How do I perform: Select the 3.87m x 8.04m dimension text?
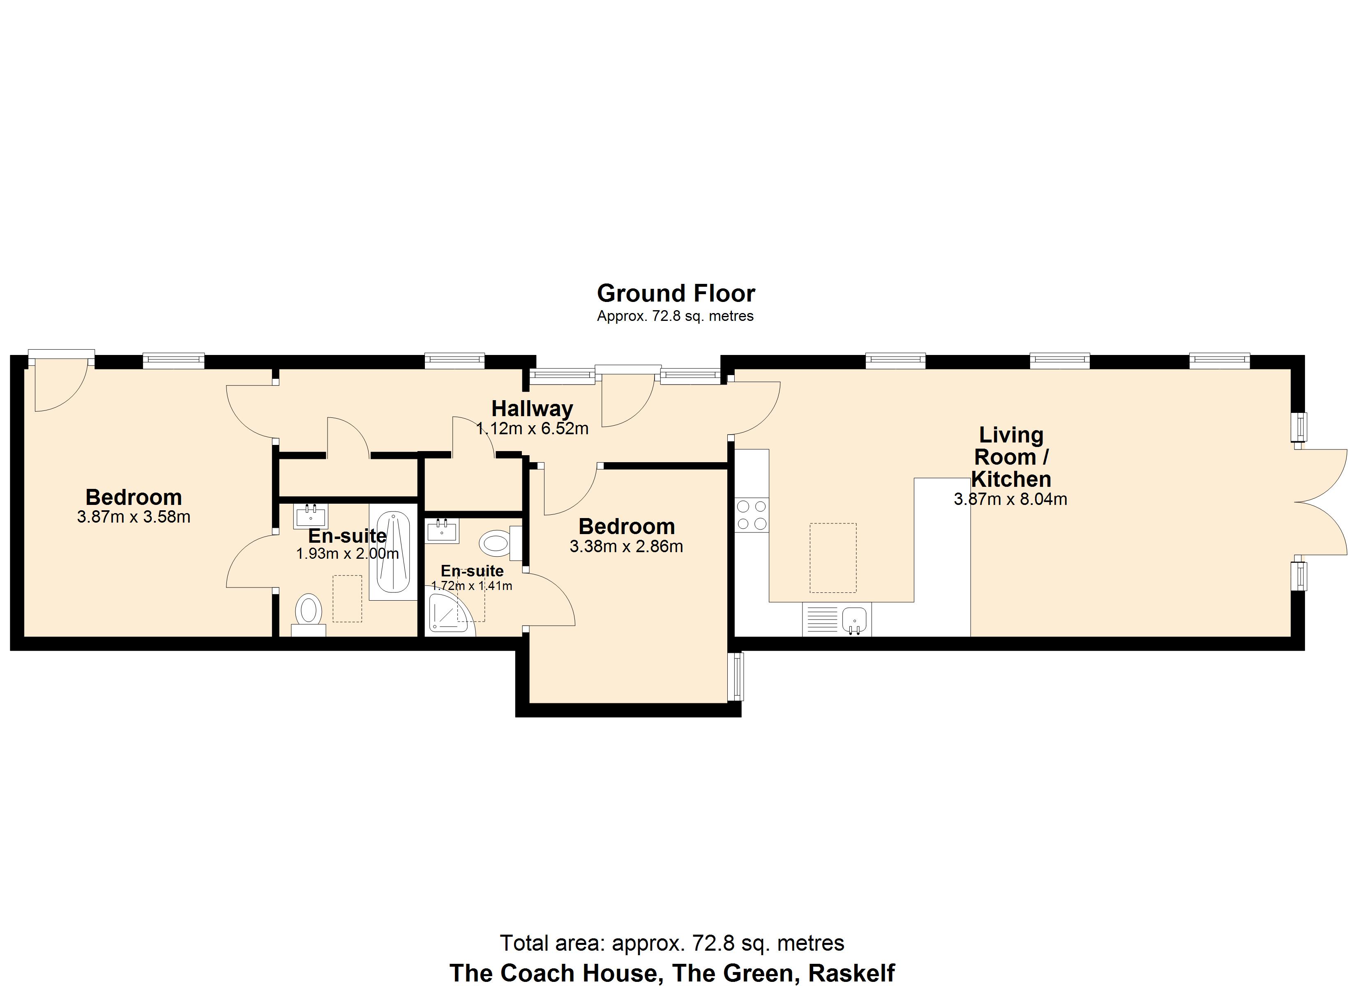(x=1010, y=499)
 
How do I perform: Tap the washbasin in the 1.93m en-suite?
(x=310, y=516)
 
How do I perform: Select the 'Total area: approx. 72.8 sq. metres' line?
(x=671, y=943)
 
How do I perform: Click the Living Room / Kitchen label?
(x=1010, y=457)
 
